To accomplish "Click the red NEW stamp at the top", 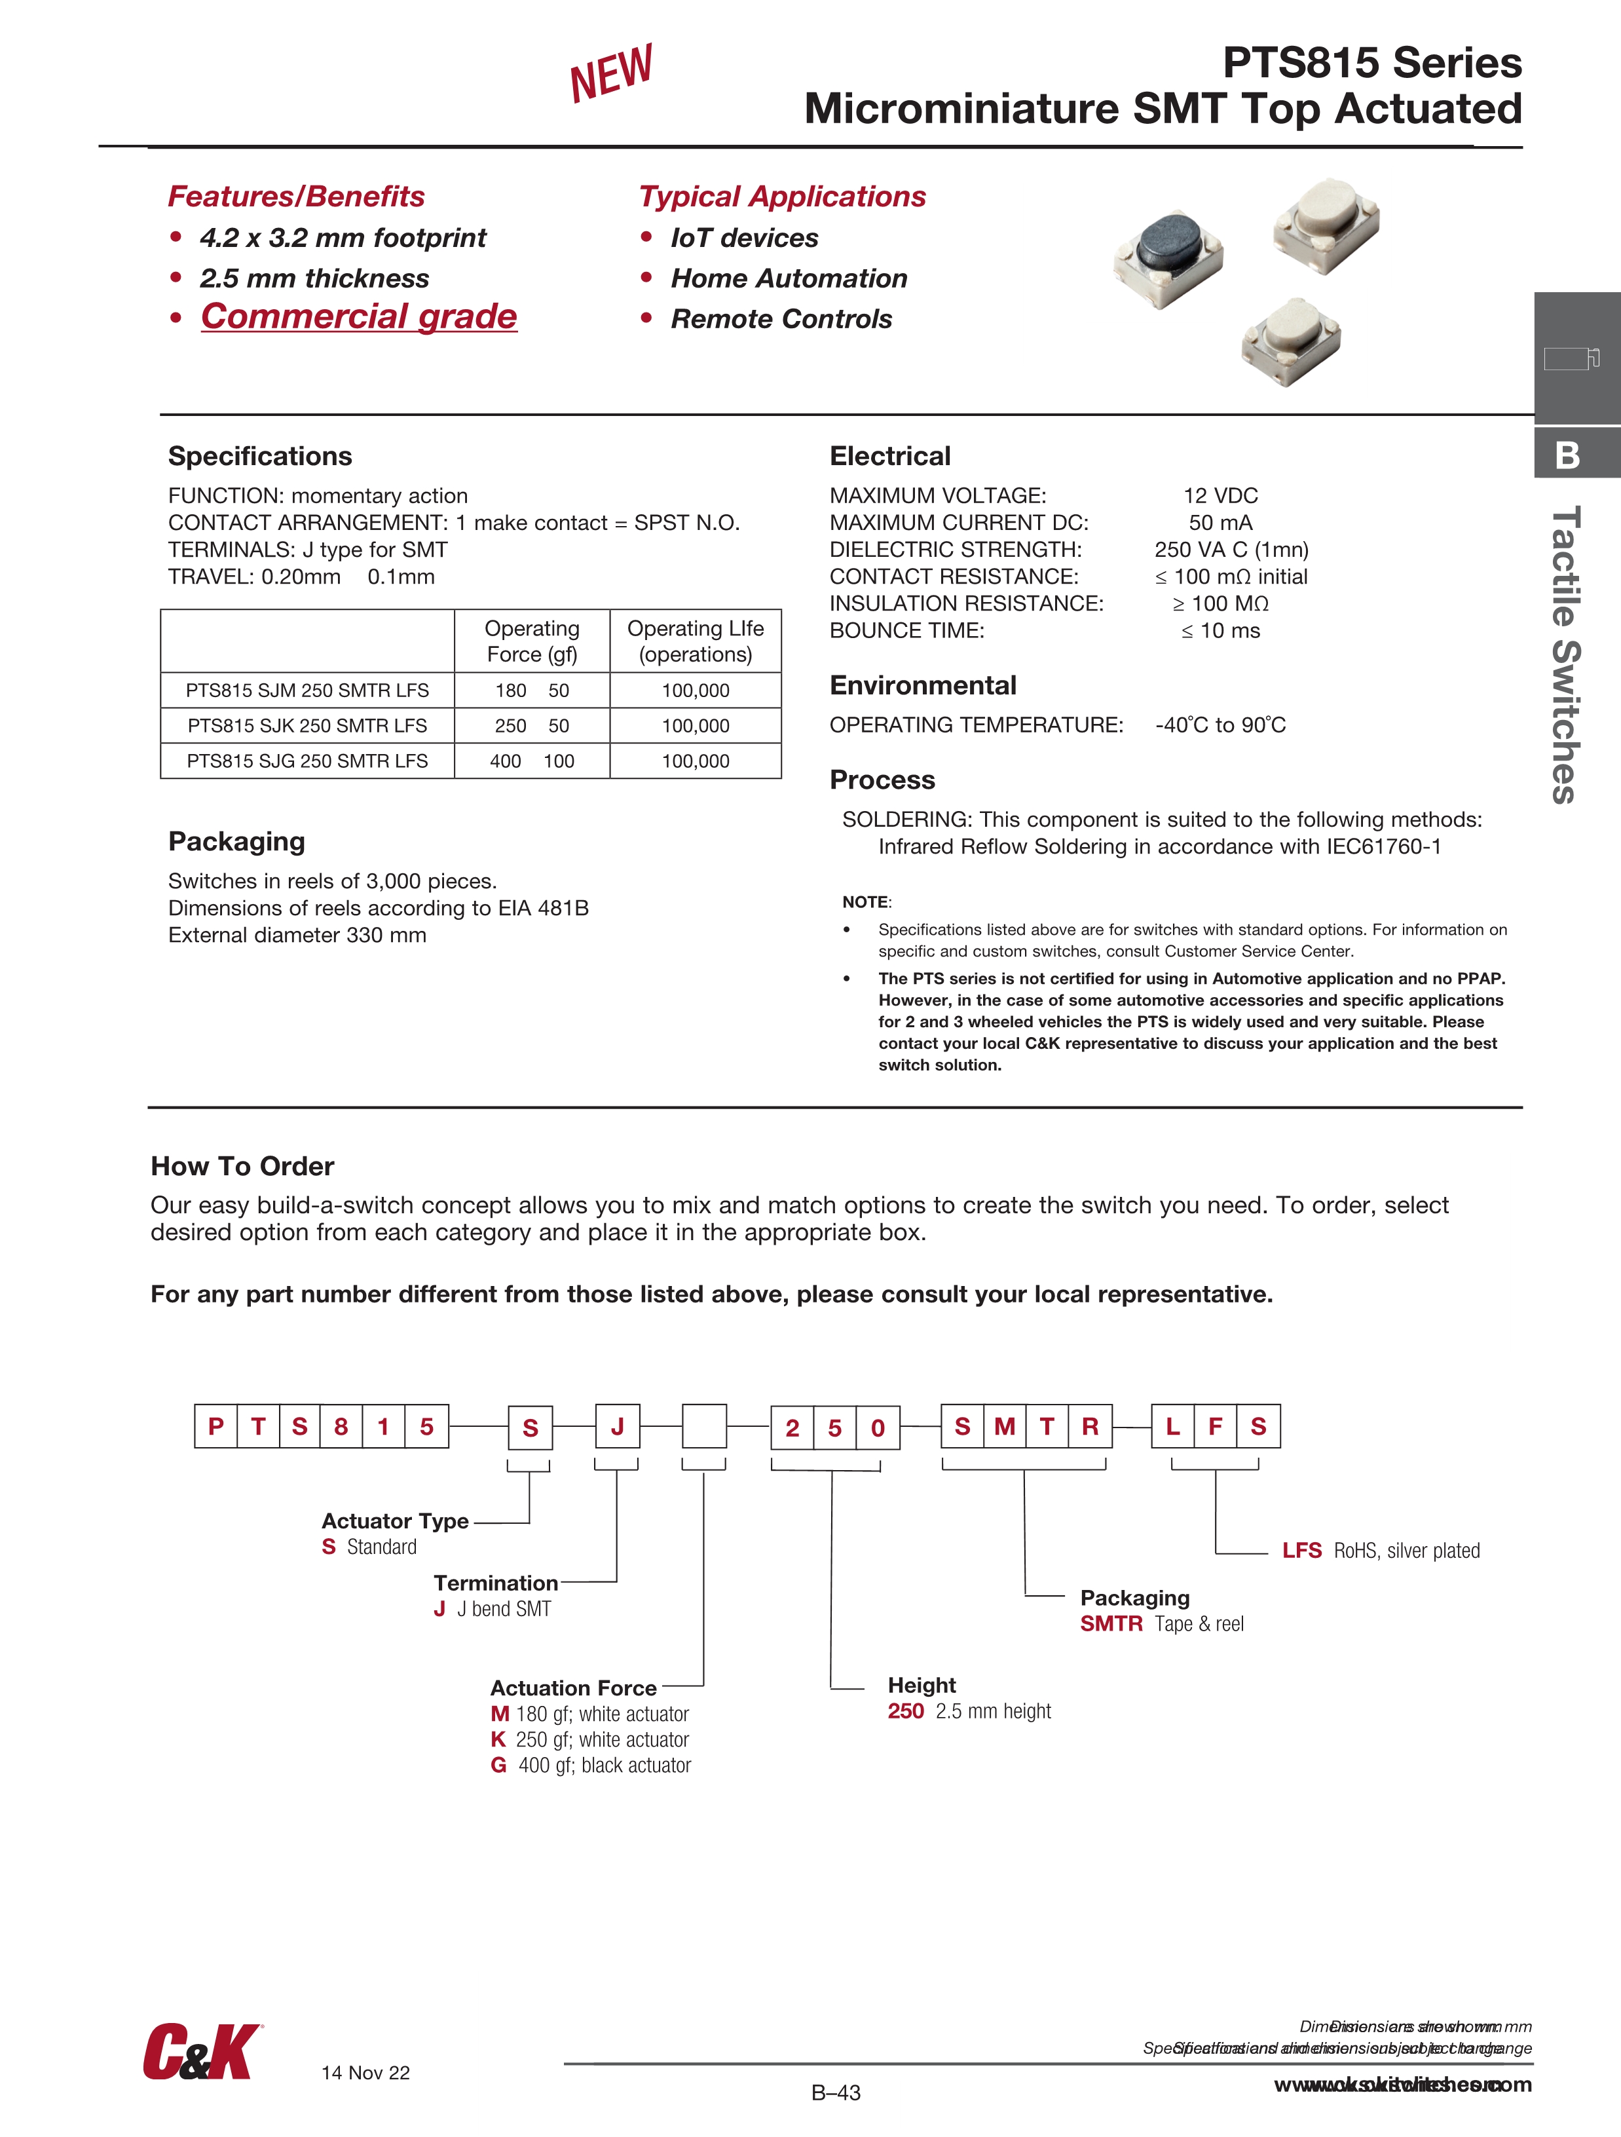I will tap(612, 73).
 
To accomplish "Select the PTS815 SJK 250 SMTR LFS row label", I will tap(307, 725).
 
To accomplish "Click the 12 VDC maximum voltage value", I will tap(1220, 496).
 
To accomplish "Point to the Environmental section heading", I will tap(923, 686).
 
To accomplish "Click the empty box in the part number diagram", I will tap(704, 1426).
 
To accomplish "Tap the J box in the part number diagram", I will tap(618, 1426).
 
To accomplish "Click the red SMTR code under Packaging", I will tap(1111, 1624).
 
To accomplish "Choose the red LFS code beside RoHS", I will tap(1301, 1551).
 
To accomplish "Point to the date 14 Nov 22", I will tap(365, 2072).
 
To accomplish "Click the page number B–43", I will tap(836, 2092).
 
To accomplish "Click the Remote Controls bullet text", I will tap(781, 319).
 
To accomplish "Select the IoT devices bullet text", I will tap(744, 238).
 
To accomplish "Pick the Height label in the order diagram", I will tap(922, 1685).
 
